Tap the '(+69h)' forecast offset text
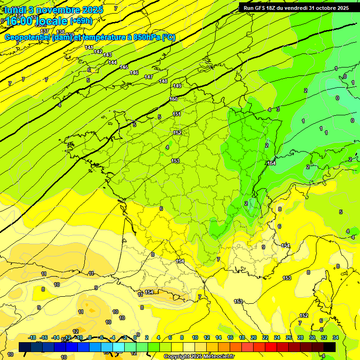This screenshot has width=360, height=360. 81,21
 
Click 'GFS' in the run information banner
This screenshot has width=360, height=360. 262,8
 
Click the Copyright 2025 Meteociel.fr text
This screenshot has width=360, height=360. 198,357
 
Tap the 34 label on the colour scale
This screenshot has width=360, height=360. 336,337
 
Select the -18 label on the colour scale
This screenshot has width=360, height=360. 32,337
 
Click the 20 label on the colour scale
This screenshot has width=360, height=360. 254,337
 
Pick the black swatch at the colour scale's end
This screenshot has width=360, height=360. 330,346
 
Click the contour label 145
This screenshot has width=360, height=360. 124,67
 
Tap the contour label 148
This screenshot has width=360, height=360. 163,81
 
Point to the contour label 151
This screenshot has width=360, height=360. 177,114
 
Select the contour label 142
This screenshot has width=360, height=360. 98,52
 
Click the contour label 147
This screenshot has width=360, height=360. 149,77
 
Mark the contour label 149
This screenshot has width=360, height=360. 177,86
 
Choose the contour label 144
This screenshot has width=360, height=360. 112,62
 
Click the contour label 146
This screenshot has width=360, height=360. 134,73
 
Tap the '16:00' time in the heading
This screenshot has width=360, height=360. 22,21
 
